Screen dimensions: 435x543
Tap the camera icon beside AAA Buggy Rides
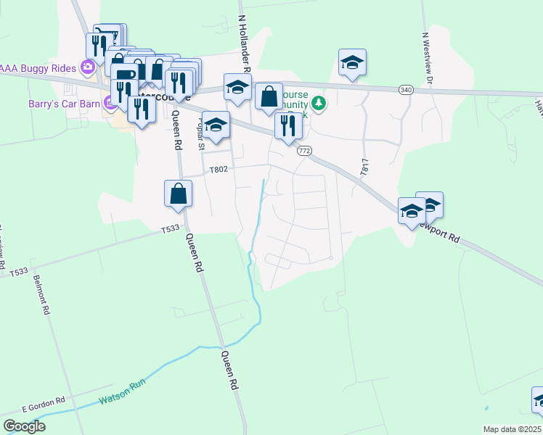pos(88,67)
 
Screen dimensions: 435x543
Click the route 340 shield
pos(406,89)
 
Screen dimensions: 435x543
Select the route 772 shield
pos(304,150)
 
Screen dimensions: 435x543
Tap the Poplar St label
pos(201,135)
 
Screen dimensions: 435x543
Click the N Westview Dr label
pos(427,57)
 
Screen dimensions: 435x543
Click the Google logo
pos(24,426)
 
